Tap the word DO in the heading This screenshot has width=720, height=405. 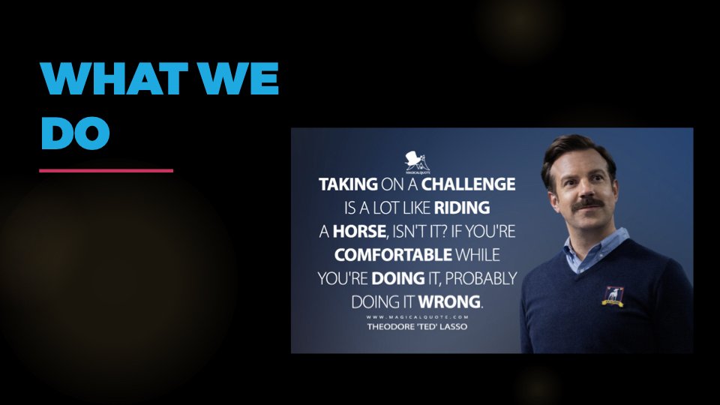75,133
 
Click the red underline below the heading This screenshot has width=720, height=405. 106,170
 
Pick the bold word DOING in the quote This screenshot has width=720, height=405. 398,278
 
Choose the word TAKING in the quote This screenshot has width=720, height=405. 343,184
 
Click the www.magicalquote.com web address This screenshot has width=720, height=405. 416,317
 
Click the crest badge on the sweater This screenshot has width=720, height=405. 614,296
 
